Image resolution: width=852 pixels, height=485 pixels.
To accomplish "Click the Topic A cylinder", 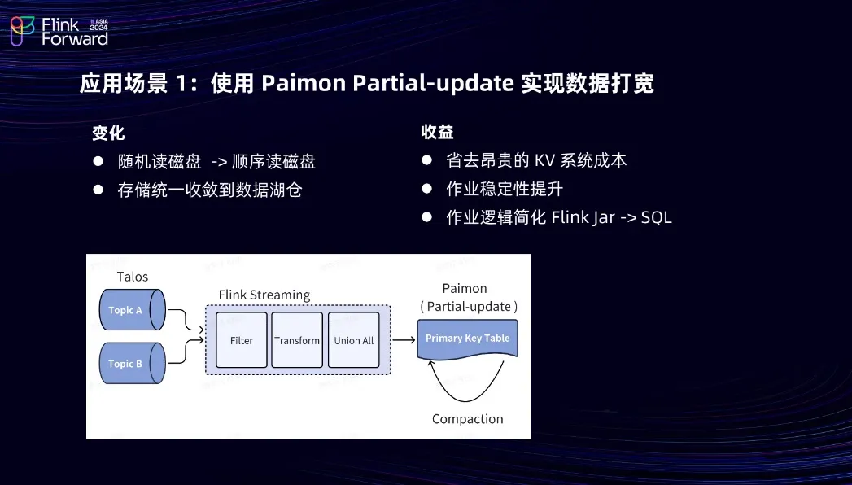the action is (131, 310).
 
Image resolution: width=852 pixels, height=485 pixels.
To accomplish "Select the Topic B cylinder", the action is (131, 364).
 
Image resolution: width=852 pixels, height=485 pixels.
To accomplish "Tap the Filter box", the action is (242, 340).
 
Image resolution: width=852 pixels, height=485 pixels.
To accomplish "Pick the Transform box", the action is (297, 340).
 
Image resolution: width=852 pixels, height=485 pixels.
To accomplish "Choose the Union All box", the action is (353, 340).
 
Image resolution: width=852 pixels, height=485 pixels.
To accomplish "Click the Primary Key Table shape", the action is (467, 339).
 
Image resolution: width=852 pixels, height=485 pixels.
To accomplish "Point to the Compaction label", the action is (467, 418).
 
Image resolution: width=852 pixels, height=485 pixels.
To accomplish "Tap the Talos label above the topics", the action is (133, 277).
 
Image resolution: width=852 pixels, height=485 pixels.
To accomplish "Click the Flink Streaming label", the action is (264, 295).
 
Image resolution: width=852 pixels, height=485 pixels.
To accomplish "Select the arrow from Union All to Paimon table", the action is (403, 340).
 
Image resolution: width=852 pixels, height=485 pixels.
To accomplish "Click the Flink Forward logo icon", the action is (22, 30).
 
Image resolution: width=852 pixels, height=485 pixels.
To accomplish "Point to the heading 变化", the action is (108, 133).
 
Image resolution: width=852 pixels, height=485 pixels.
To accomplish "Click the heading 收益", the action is (437, 132).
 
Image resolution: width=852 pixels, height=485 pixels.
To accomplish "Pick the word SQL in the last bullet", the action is (656, 217).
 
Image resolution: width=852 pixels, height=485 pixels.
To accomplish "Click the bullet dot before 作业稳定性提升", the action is (426, 189).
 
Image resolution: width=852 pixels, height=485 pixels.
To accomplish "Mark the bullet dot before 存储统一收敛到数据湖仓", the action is (98, 190).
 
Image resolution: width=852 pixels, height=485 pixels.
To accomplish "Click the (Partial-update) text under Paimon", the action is (468, 307).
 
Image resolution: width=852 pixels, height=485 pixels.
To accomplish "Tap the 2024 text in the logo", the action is (98, 27).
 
